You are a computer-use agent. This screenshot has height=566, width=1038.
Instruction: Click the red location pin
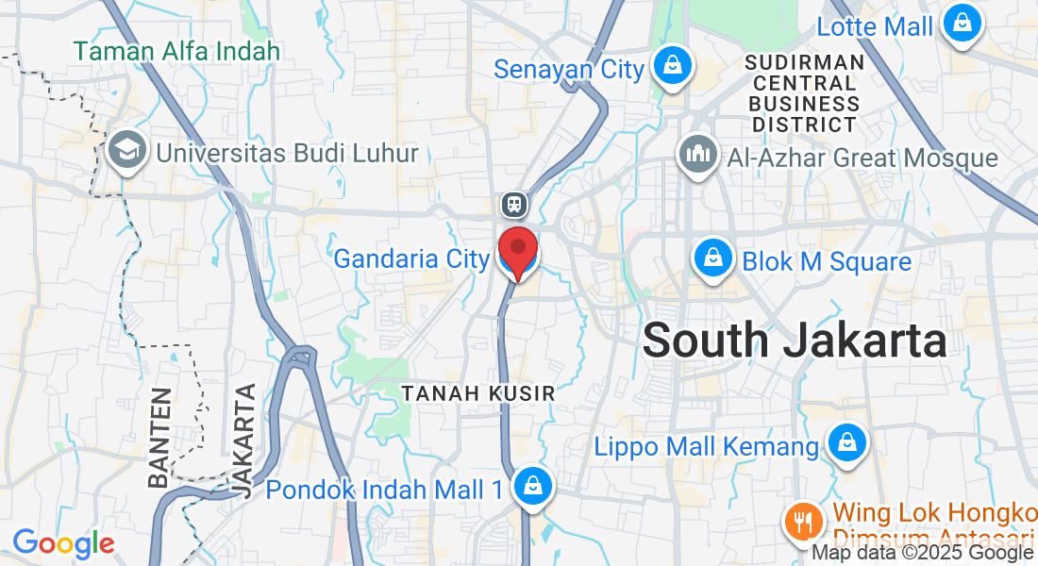pyautogui.click(x=517, y=250)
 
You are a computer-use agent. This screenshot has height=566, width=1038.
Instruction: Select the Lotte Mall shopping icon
pyautogui.click(x=961, y=25)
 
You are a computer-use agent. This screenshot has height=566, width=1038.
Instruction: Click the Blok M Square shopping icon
pyautogui.click(x=714, y=260)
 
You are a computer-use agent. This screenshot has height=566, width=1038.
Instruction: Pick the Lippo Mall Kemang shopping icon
pyautogui.click(x=846, y=444)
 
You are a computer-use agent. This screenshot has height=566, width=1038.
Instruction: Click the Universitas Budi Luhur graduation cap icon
pyautogui.click(x=125, y=151)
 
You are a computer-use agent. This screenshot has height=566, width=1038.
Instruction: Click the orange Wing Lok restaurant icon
pyautogui.click(x=803, y=520)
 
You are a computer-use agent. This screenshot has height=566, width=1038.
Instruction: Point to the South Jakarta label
pyautogui.click(x=795, y=340)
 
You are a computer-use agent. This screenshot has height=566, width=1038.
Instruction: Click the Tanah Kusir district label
pyautogui.click(x=478, y=393)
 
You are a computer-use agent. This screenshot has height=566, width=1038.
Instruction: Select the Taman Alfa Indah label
pyautogui.click(x=177, y=50)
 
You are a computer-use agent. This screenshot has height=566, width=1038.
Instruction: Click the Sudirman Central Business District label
pyautogui.click(x=804, y=92)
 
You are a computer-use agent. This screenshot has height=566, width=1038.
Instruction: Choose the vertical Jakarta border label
pyautogui.click(x=244, y=440)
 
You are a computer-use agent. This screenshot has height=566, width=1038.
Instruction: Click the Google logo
pyautogui.click(x=62, y=543)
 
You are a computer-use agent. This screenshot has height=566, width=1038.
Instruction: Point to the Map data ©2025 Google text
pyautogui.click(x=923, y=553)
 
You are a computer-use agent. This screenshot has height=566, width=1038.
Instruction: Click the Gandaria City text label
pyautogui.click(x=411, y=258)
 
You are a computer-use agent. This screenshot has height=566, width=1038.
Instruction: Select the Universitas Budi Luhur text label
pyautogui.click(x=287, y=152)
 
